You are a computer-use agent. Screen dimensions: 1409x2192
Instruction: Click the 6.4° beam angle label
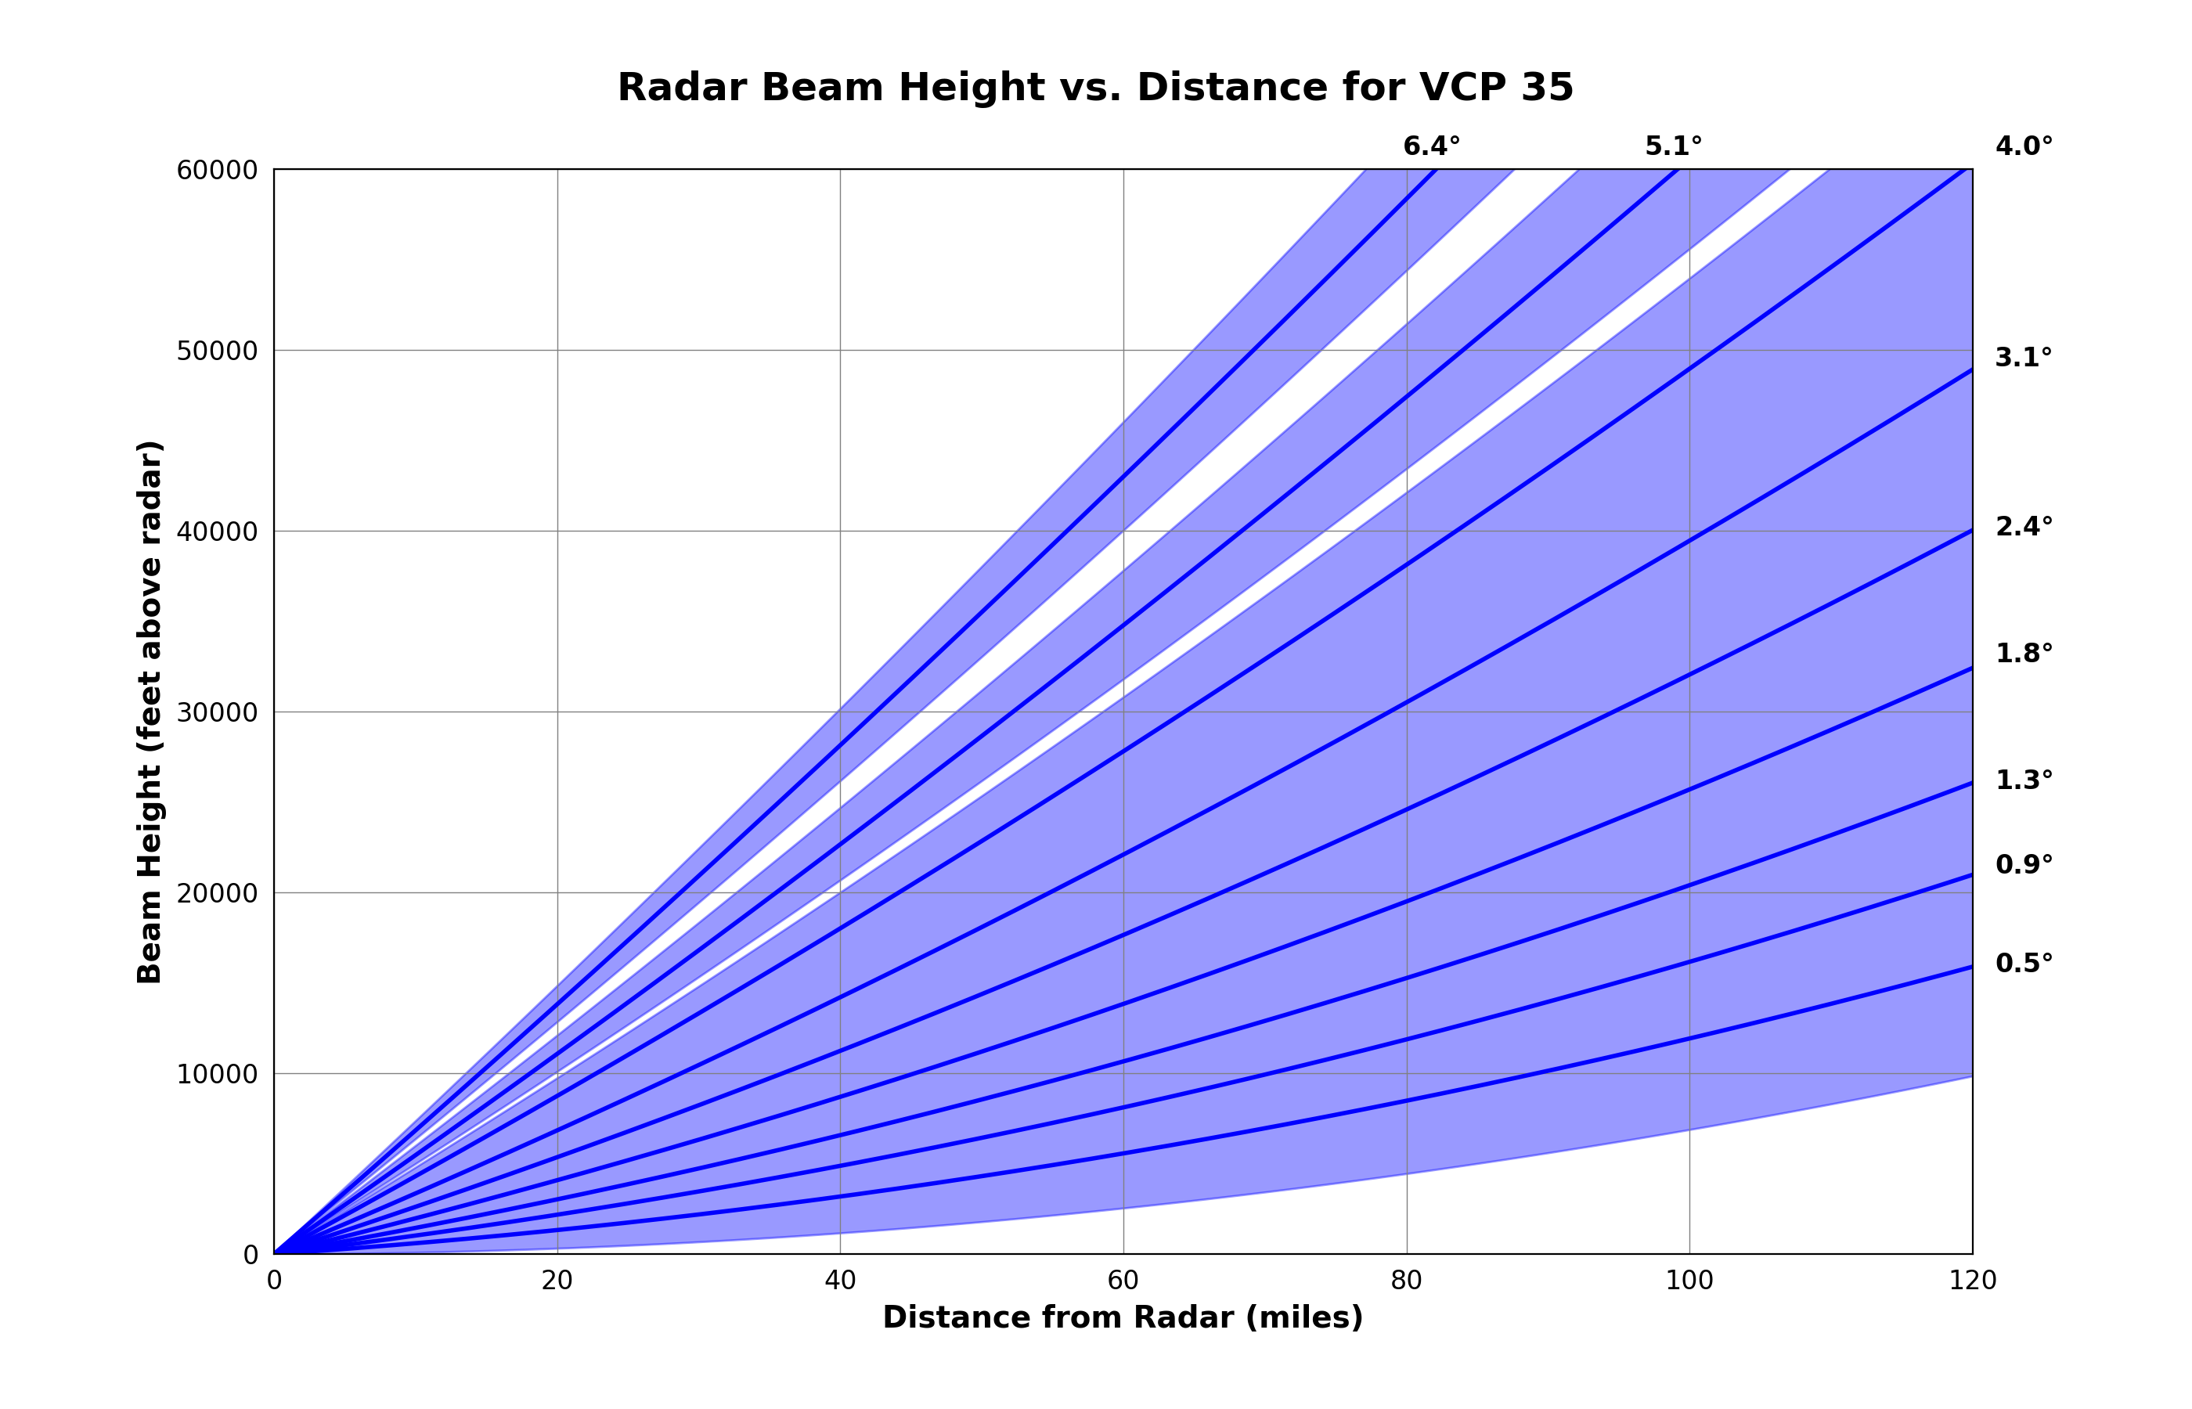click(1431, 146)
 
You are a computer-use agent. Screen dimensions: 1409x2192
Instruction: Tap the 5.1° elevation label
click(1672, 146)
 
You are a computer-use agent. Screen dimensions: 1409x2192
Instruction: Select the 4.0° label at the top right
click(2023, 146)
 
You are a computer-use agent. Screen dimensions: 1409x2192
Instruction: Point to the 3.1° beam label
click(2023, 358)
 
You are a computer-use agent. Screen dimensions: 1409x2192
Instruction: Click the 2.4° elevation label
click(2023, 527)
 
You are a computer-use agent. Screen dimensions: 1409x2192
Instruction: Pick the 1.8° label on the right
click(2023, 654)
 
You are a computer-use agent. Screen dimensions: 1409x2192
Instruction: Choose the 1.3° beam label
click(2023, 780)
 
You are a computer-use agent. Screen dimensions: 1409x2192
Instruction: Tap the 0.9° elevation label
click(2023, 865)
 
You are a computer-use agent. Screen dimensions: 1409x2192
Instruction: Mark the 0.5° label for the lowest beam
click(2023, 964)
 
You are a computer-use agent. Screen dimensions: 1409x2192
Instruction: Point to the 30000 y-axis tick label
click(217, 713)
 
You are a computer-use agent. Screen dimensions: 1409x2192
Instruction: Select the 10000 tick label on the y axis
click(217, 1074)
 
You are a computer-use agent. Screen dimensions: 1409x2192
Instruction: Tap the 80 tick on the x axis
click(1406, 1281)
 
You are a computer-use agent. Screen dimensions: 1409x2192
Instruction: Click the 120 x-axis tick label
click(1971, 1281)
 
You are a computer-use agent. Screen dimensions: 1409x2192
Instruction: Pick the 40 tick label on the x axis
click(840, 1281)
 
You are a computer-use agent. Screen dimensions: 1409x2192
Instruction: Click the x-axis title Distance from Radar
click(1123, 1317)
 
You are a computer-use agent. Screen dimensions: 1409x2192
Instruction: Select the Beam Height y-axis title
click(149, 712)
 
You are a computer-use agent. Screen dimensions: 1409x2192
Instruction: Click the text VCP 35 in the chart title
click(1497, 88)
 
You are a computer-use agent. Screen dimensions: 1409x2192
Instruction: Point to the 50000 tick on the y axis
click(217, 351)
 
